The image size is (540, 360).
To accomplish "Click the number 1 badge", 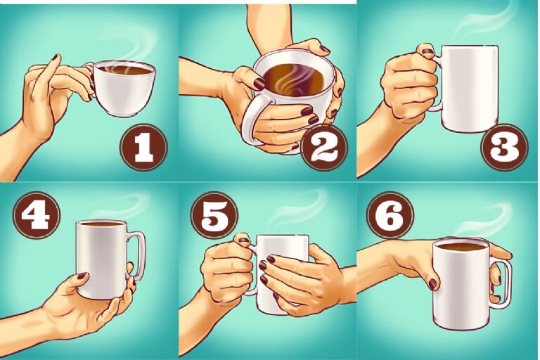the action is pos(143,147).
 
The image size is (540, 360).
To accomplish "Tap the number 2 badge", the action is pos(324,148).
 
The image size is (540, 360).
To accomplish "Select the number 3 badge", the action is pos(505,147).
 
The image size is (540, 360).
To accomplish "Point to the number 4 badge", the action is pos(37,215).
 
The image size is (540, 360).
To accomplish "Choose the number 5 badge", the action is pos(214,215).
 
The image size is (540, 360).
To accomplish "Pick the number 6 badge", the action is pos(390,215).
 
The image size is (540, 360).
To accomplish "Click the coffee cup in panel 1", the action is pos(122,88).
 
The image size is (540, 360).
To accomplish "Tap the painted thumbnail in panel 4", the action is pos(82,276).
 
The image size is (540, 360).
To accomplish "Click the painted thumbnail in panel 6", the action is pos(432,284).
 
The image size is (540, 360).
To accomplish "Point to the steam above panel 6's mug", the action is pos(482,221).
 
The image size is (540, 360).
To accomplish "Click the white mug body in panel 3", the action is pos(469,88).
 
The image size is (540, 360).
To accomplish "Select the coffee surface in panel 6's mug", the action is pos(461,247).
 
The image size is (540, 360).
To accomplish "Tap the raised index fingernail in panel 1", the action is pos(55,58).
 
